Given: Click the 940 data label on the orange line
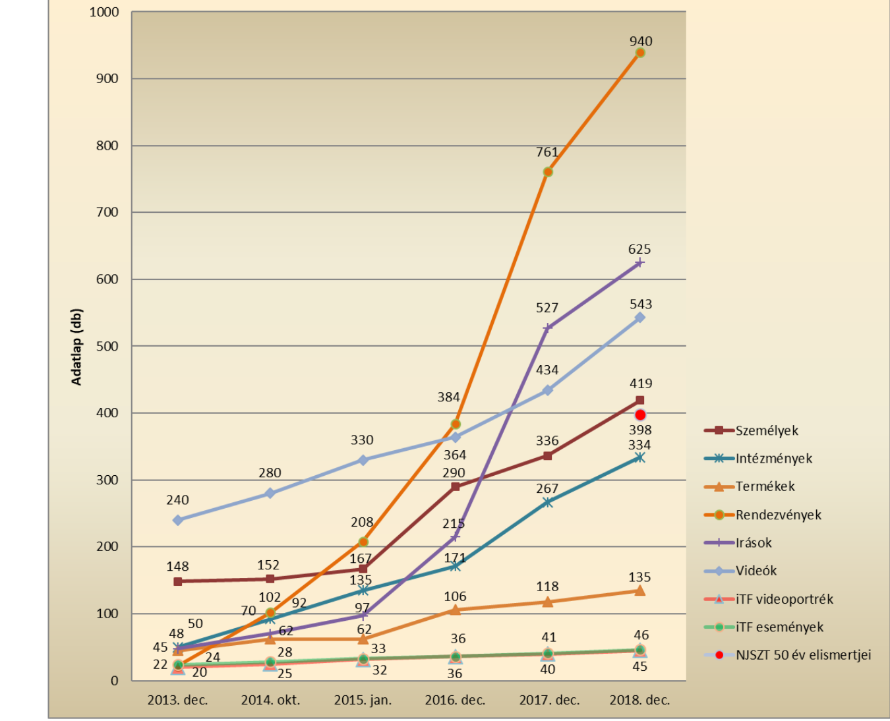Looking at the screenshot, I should coord(640,41).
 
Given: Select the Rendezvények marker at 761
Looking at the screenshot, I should coord(548,172).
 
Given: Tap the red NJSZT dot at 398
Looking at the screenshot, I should coord(640,415).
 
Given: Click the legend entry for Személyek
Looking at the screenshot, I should coord(766,431).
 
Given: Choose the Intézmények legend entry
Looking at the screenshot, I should coord(773,459).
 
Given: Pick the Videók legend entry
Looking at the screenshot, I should coord(756,571).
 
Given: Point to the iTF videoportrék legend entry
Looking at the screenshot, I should coord(784,599).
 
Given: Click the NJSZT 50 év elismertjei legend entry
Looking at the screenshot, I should coord(803,655).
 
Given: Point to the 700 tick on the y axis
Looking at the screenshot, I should coord(107,212).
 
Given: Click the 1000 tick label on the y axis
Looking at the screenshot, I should coord(104,12).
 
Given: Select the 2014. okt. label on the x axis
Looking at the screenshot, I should coord(270,700).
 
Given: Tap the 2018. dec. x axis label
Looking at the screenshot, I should coord(639,700).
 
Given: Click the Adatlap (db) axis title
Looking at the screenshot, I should coord(77,347).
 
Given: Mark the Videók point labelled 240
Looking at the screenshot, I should coord(178,520).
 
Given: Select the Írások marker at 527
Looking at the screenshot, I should coord(547,328).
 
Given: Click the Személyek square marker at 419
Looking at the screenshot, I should coord(639,400).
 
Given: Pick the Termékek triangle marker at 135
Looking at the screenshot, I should coord(639,591).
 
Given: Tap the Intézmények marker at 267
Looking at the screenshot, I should coord(547,502).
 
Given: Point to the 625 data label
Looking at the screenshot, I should coord(639,249).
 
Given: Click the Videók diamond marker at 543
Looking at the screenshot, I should coord(639,318).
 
